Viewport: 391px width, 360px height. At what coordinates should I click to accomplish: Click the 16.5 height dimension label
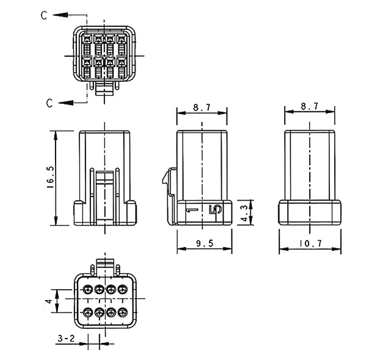[50, 177]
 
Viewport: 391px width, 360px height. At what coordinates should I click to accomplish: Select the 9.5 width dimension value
[205, 243]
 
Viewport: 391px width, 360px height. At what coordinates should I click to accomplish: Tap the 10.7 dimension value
[310, 243]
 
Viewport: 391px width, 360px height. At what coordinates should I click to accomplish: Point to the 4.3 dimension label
[244, 213]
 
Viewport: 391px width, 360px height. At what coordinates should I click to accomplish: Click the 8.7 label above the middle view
[202, 108]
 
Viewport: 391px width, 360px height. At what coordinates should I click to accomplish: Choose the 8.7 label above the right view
[310, 106]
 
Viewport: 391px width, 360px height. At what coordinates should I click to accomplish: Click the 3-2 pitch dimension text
[66, 339]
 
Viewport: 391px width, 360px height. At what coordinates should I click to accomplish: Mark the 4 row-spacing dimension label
[49, 301]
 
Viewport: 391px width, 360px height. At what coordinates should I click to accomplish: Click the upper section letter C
[44, 15]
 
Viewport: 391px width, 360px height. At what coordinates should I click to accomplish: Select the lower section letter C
[49, 103]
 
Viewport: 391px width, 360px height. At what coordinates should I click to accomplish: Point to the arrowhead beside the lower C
[66, 103]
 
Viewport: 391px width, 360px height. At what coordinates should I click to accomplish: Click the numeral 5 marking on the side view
[215, 210]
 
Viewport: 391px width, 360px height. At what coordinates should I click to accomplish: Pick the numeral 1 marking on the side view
[191, 210]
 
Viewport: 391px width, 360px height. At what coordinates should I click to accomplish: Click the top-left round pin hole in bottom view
[87, 290]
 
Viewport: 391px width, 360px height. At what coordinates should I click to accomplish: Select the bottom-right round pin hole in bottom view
[122, 312]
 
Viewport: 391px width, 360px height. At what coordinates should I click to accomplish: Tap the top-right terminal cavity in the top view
[122, 45]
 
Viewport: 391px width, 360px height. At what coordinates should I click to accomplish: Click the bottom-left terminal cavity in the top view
[87, 68]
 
